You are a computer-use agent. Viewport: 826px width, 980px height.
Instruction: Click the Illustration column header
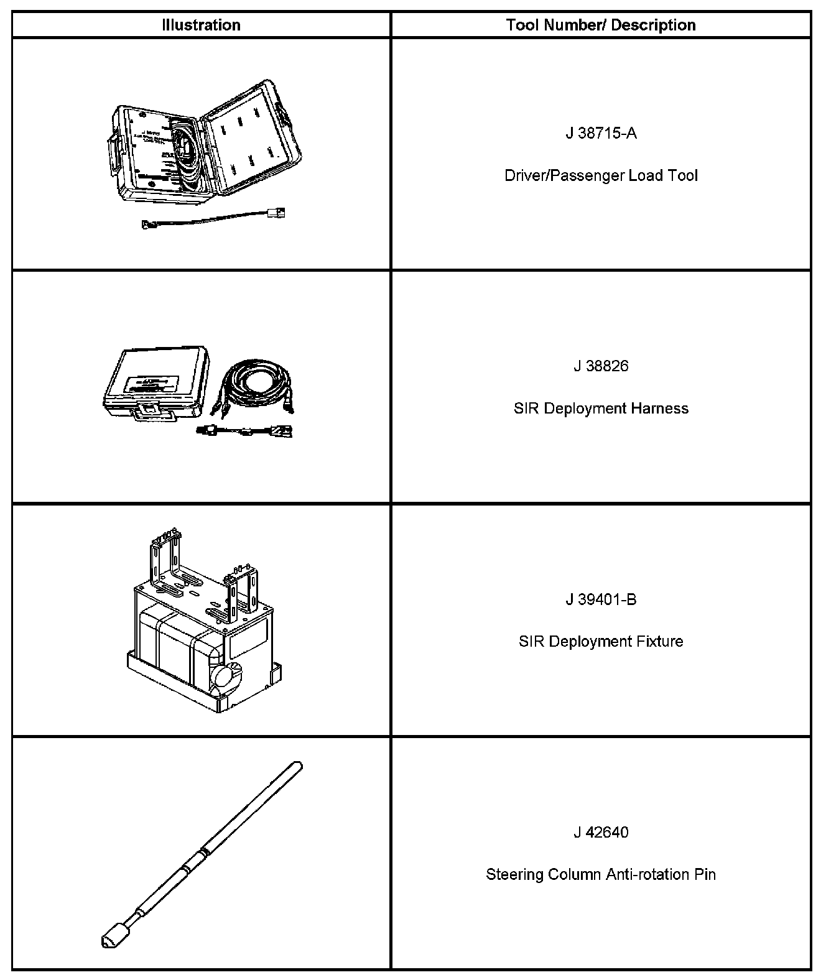click(x=201, y=25)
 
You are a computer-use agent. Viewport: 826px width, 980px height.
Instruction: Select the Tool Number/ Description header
click(x=600, y=25)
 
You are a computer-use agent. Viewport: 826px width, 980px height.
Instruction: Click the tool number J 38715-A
click(x=601, y=133)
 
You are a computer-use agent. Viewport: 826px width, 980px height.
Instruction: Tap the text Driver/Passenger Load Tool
click(x=601, y=175)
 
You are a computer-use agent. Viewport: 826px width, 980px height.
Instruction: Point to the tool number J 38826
click(x=601, y=366)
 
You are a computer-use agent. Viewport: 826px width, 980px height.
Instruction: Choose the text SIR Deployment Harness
click(x=601, y=409)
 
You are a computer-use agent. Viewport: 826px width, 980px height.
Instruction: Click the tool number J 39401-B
click(x=601, y=599)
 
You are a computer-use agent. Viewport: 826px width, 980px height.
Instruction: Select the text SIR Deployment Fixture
click(x=601, y=641)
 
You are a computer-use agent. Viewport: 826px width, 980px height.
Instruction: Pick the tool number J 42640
click(x=601, y=832)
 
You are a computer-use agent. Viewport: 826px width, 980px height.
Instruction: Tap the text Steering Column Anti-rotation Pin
click(x=601, y=874)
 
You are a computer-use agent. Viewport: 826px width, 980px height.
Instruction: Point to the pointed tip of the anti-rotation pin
click(x=106, y=940)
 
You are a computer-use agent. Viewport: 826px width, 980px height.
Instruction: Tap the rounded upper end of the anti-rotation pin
click(x=297, y=765)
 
